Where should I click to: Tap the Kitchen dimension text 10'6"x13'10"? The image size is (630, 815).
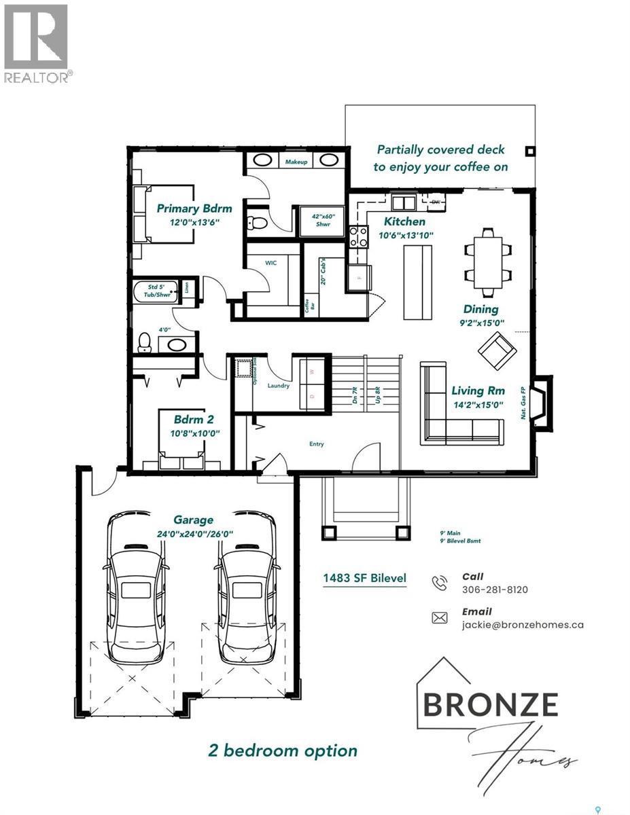click(x=406, y=235)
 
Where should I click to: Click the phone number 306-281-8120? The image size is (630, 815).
click(x=494, y=589)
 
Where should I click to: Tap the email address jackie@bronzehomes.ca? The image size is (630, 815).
click(x=522, y=625)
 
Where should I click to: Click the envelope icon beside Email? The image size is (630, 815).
click(x=440, y=617)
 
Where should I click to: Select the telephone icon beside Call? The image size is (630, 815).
click(x=440, y=583)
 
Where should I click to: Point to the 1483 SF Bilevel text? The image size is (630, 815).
click(x=364, y=578)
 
